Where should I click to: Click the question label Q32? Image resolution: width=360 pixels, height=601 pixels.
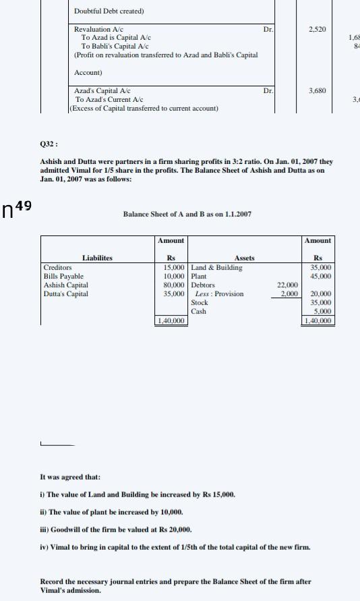point(49,144)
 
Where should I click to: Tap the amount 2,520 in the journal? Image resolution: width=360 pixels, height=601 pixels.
point(317,30)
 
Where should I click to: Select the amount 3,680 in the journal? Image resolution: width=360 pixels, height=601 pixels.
point(317,90)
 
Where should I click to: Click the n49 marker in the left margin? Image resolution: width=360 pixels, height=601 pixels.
point(18,209)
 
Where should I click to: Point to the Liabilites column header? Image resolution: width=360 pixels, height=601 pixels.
point(97,258)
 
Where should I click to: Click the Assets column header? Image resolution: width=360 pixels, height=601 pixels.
point(244,258)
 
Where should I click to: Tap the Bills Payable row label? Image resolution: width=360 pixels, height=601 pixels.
point(63,277)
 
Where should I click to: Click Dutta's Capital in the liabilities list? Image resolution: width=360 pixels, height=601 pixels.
point(65,294)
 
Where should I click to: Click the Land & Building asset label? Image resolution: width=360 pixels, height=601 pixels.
point(216,268)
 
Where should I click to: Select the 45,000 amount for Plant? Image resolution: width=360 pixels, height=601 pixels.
point(320,277)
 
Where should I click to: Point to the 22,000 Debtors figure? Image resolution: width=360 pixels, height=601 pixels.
point(287,285)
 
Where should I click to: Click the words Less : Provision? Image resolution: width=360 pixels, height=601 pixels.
point(219,294)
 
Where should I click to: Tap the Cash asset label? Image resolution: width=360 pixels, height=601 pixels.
point(199,312)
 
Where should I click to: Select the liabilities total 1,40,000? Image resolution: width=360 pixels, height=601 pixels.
point(171,321)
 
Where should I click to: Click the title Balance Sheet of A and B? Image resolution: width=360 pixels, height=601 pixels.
point(187,214)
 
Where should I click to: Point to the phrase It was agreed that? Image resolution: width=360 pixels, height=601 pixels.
point(70,477)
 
